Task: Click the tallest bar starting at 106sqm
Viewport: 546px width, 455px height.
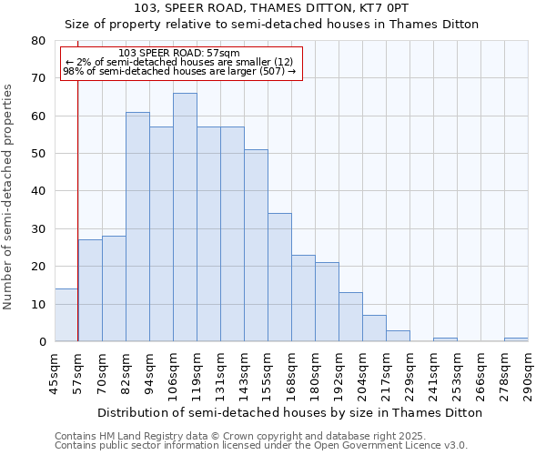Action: (x=185, y=217)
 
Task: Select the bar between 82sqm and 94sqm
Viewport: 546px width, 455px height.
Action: (x=137, y=227)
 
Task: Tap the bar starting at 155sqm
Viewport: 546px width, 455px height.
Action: (x=279, y=278)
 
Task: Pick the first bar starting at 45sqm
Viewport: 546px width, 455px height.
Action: (x=66, y=315)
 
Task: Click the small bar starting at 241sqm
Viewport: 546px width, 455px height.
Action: (x=445, y=339)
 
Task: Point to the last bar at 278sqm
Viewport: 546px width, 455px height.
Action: (x=516, y=339)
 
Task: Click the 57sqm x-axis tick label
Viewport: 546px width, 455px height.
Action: (x=78, y=369)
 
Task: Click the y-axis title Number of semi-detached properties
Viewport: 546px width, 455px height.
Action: (x=9, y=196)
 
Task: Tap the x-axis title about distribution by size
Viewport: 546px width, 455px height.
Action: (x=288, y=412)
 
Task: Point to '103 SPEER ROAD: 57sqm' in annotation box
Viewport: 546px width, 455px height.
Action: (x=179, y=54)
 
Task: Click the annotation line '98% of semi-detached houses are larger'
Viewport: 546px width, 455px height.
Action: (x=179, y=71)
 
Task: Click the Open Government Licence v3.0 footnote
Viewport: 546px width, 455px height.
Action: (x=260, y=446)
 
